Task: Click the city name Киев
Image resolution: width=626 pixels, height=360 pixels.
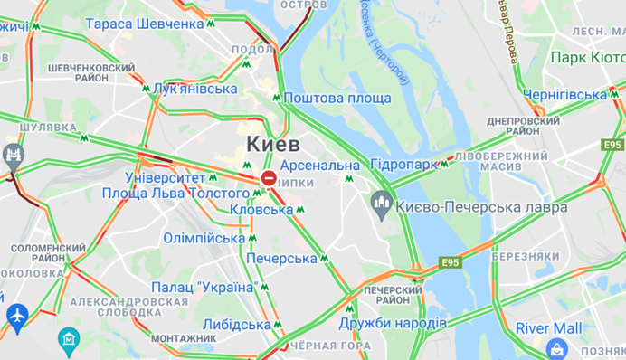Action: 276,145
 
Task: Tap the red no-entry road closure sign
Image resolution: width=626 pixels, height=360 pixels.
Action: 269,179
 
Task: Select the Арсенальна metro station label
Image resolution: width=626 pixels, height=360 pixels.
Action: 319,166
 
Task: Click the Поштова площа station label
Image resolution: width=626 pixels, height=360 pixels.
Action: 337,98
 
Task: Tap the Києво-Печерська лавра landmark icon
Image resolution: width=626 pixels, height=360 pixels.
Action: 382,205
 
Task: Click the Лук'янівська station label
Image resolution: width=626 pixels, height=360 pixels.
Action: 195,89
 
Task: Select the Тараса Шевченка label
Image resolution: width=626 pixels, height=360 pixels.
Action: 145,24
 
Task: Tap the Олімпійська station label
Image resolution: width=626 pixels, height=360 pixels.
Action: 204,238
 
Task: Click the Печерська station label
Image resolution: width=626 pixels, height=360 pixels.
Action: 280,259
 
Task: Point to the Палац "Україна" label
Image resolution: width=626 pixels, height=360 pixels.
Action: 203,288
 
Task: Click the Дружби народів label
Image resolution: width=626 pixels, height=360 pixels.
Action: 393,323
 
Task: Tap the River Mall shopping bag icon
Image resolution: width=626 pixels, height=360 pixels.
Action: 557,349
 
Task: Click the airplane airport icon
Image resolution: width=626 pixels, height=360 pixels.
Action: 15,317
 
